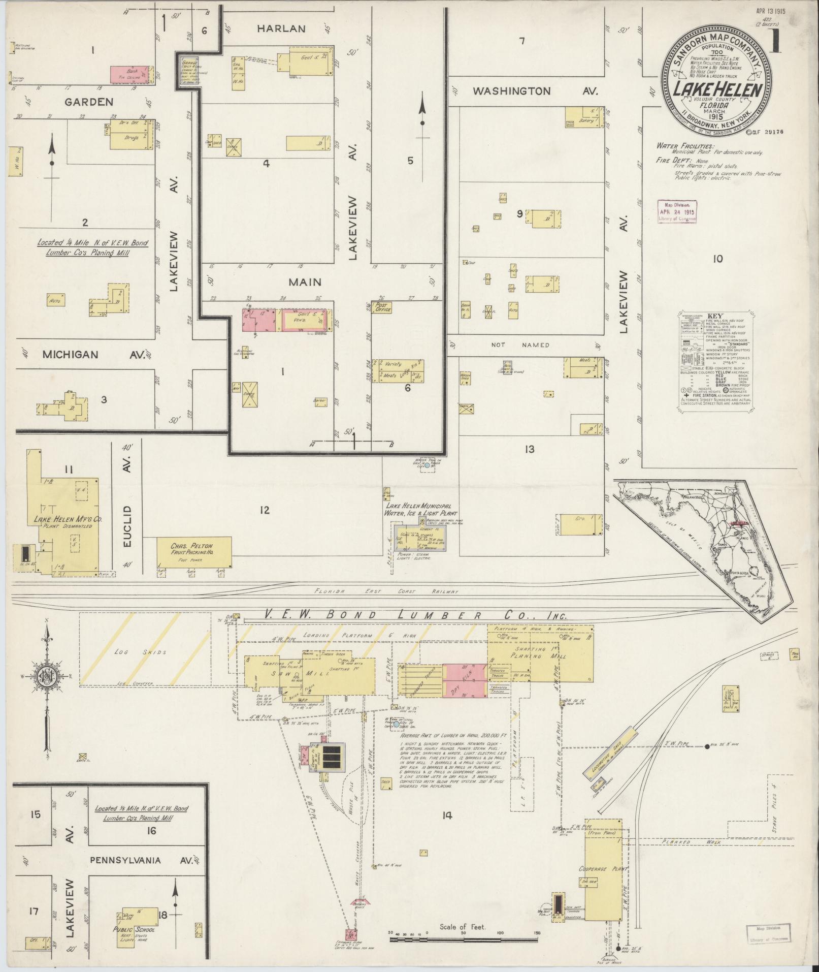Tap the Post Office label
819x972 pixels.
pyautogui.click(x=381, y=307)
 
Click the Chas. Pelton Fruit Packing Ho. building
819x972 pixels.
pyautogui.click(x=193, y=553)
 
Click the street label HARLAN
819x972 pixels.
pyautogui.click(x=281, y=29)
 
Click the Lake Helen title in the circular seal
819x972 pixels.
pyautogui.click(x=717, y=90)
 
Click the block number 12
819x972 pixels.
pyautogui.click(x=264, y=510)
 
